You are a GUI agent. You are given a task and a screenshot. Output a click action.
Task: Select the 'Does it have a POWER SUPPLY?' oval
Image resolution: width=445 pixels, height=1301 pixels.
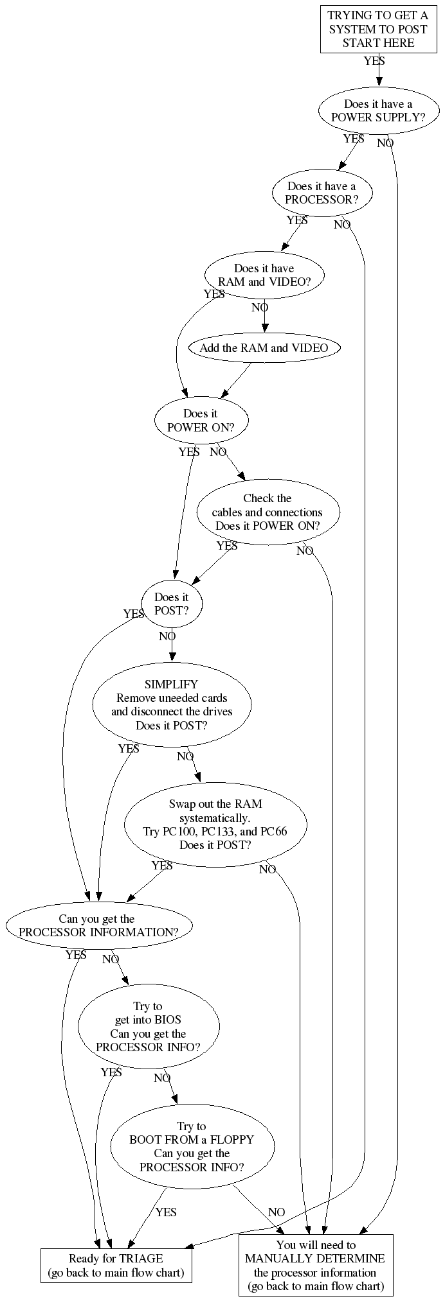[x=378, y=111]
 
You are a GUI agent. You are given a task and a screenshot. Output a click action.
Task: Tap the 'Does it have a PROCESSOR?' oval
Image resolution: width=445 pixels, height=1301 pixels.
[x=322, y=193]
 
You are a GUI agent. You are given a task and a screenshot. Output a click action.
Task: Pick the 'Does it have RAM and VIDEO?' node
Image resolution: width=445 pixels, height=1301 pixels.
[x=264, y=275]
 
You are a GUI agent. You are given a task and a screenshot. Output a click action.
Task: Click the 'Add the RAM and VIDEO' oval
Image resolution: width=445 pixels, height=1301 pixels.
[x=264, y=348]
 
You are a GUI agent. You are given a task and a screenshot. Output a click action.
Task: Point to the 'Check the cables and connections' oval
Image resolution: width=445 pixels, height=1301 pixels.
[x=268, y=512]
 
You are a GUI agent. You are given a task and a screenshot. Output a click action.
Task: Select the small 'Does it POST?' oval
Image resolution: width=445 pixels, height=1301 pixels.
[x=172, y=604]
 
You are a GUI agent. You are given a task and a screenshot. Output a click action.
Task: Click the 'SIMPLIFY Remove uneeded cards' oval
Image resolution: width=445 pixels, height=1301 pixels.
[x=172, y=705]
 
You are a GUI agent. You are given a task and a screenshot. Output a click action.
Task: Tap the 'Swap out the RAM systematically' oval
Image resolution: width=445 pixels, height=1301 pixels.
[x=215, y=825]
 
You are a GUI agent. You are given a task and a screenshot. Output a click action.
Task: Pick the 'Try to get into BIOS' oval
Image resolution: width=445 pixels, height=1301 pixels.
[x=148, y=1027]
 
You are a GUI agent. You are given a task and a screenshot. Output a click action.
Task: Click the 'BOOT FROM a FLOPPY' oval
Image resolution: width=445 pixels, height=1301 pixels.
[x=192, y=1147]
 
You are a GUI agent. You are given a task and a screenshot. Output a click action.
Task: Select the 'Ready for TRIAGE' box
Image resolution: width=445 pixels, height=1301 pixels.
[x=116, y=1266]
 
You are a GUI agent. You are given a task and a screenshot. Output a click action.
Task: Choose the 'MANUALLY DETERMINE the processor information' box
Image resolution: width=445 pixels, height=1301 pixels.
[x=315, y=1265]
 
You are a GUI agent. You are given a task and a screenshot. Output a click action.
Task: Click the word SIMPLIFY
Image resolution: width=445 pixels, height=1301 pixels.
[x=172, y=685]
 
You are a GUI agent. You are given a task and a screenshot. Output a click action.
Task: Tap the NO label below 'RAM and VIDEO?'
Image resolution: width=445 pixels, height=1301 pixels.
[x=260, y=308]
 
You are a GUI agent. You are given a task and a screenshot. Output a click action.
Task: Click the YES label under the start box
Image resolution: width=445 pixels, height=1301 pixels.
[x=374, y=61]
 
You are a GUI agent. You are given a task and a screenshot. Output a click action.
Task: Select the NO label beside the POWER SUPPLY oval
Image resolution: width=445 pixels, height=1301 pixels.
[x=385, y=143]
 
